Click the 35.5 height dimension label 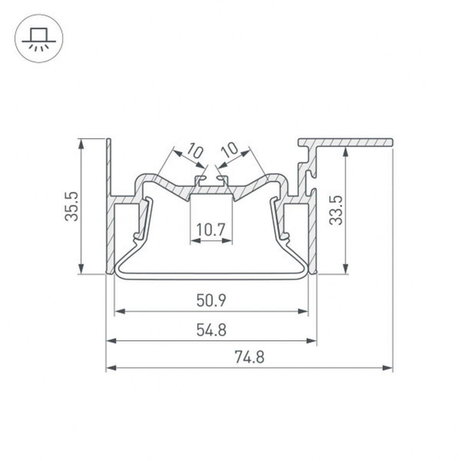[72, 206]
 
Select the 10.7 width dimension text [211, 230]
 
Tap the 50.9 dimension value [211, 300]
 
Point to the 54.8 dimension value [211, 329]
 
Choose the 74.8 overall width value [249, 356]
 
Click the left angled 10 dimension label [194, 151]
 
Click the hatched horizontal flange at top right [352, 142]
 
